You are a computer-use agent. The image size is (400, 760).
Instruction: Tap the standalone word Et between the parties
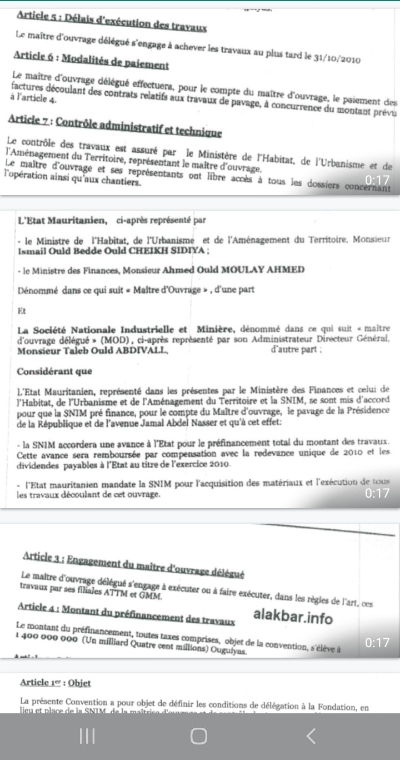tap(22, 310)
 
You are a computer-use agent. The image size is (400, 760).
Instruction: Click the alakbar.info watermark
tap(293, 617)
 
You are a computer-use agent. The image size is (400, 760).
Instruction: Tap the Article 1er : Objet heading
tap(55, 683)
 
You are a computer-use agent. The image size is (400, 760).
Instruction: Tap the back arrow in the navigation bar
tap(311, 736)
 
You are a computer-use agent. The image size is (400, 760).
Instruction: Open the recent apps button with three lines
tap(87, 736)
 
